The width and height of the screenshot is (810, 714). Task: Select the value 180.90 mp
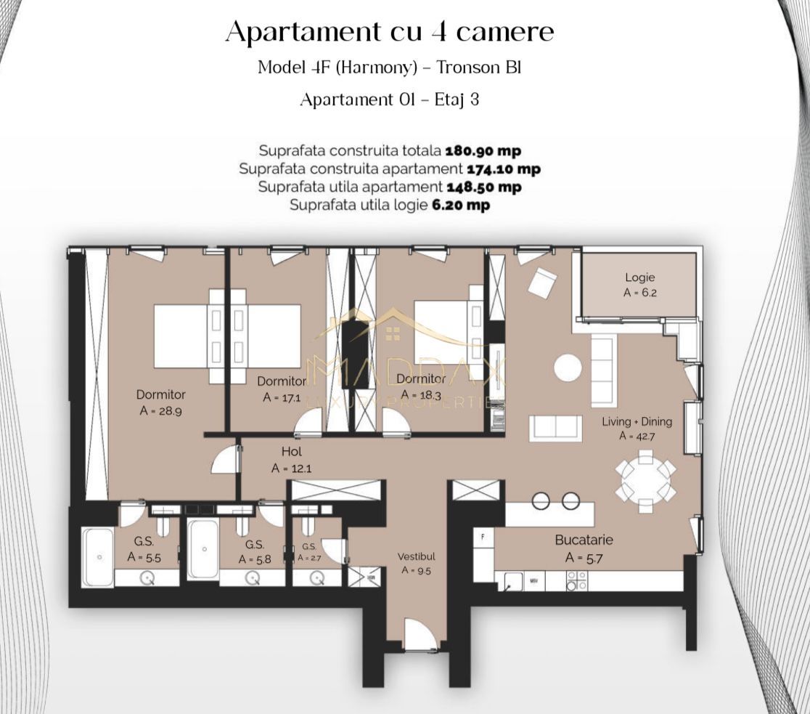483,151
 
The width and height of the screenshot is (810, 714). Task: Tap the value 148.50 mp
483,187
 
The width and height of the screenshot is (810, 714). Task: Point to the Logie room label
639,277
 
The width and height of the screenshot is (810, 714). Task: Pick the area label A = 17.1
281,397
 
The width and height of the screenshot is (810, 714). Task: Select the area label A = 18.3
421,395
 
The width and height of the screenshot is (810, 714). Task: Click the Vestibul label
416,556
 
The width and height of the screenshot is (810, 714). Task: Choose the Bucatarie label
584,540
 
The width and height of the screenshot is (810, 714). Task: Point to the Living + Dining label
637,421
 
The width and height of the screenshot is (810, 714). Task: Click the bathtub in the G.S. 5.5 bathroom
97,557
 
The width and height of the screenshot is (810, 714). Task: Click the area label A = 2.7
308,558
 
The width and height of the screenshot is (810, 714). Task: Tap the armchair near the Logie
541,283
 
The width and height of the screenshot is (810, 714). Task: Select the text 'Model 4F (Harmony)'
337,68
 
